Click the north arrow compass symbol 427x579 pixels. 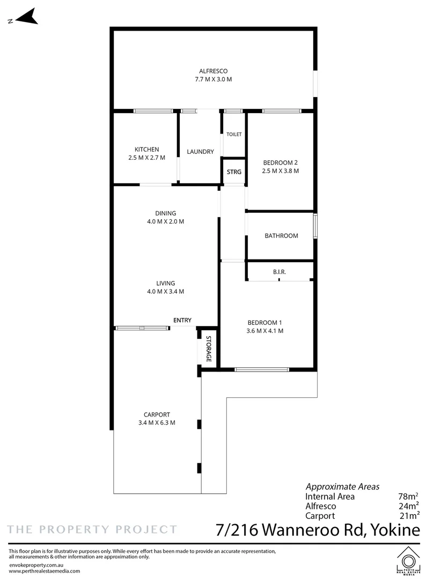[26, 17]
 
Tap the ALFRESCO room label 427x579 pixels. [213, 71]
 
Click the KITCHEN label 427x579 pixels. [146, 150]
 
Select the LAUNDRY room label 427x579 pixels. [200, 152]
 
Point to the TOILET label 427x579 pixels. [234, 135]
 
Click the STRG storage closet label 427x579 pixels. [234, 172]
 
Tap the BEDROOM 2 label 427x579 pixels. [281, 163]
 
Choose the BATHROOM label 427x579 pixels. [282, 236]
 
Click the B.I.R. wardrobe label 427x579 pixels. [279, 272]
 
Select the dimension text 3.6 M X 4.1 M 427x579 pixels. [265, 331]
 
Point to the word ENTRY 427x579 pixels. [182, 321]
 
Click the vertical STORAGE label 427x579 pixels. [209, 348]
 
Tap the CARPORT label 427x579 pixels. [157, 415]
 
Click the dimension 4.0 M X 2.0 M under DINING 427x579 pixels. [165, 222]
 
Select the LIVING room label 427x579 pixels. [165, 284]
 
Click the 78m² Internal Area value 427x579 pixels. [408, 496]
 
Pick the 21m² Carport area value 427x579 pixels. [409, 516]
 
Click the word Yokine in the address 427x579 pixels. [395, 530]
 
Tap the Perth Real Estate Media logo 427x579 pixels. [408, 561]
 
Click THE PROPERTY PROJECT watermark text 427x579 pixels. [92, 530]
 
